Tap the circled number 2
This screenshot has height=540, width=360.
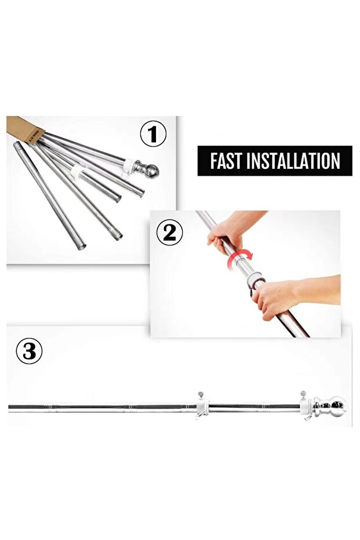tap(169, 233)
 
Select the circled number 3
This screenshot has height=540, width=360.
tap(29, 351)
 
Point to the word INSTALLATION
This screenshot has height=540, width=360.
tap(293, 161)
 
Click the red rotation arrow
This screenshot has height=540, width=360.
tap(239, 259)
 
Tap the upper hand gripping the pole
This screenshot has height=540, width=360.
tap(229, 231)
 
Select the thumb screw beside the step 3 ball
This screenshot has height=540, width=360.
tap(303, 394)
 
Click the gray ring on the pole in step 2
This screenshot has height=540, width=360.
tap(255, 280)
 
